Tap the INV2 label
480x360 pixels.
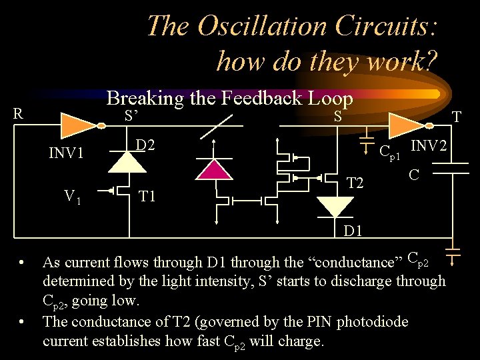(429, 145)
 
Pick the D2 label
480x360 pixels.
(147, 145)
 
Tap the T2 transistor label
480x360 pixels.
(355, 183)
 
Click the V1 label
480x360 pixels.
(73, 196)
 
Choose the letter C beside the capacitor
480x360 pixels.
(414, 175)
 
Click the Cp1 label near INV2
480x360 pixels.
(389, 153)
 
